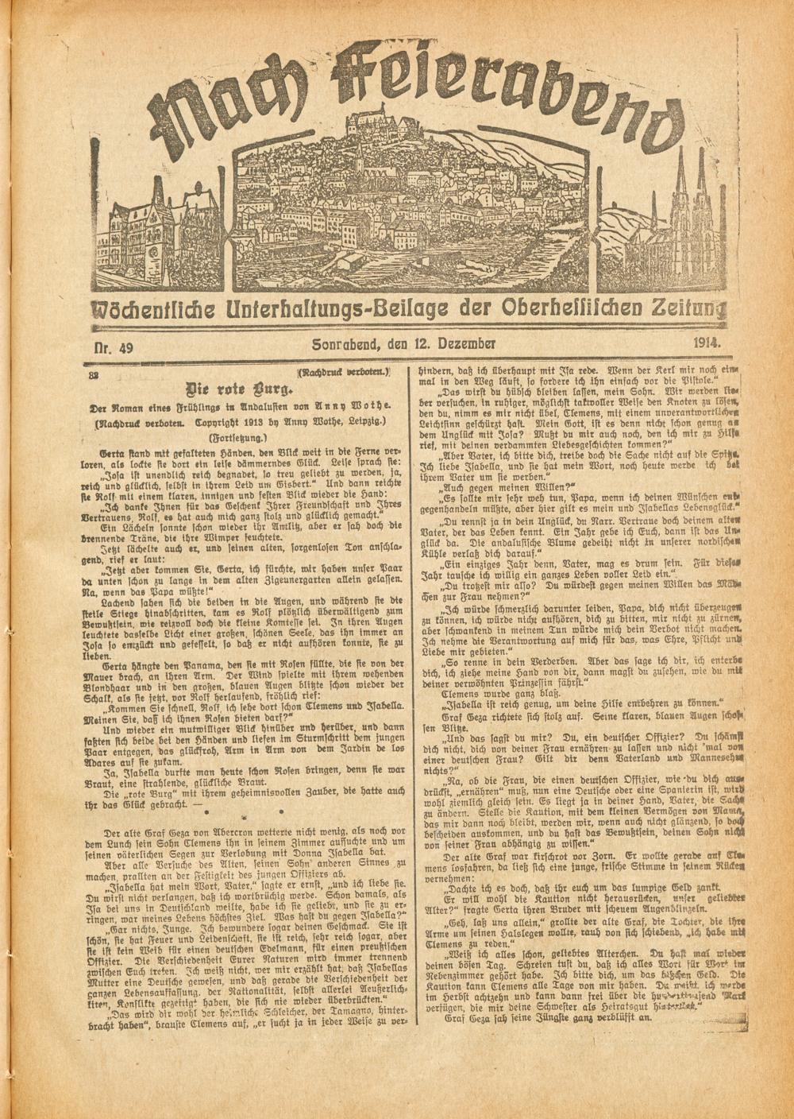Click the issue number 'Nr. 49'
[x=111, y=347]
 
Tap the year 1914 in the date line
[x=705, y=343]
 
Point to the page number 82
[x=94, y=374]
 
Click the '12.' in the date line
[x=418, y=345]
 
